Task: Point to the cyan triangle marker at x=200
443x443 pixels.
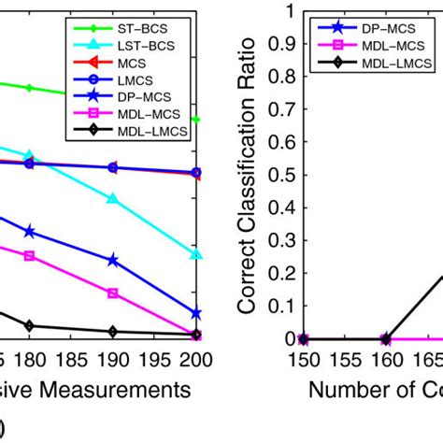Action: click(196, 254)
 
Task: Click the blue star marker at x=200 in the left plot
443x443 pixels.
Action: click(196, 314)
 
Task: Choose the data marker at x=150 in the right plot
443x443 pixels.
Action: click(303, 338)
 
